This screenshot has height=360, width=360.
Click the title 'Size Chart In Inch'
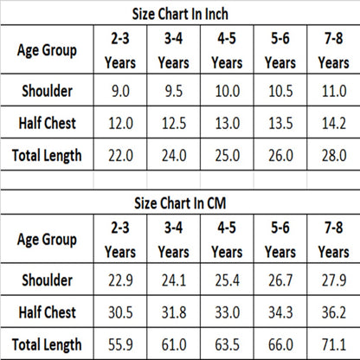[x=180, y=14]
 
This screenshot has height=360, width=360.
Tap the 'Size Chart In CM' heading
[x=180, y=203]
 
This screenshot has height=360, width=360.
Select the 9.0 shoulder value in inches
[x=120, y=91]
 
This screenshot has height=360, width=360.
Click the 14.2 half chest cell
[x=334, y=124]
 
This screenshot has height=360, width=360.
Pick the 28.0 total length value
[x=334, y=156]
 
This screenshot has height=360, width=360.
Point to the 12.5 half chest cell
[x=174, y=124]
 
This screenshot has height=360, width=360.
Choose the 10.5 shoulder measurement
[x=280, y=91]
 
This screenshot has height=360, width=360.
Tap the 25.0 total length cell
[x=227, y=156]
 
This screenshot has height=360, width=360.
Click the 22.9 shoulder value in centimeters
[x=120, y=280]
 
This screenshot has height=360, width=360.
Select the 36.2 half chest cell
[x=334, y=312]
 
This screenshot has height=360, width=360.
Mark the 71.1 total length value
[x=334, y=344]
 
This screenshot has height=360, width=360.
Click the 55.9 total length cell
[x=120, y=344]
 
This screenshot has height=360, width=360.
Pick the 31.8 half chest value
[x=174, y=312]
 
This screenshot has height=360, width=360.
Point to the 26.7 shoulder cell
[x=280, y=280]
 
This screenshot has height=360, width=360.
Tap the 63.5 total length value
[x=227, y=344]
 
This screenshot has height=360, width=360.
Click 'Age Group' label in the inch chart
[x=47, y=50]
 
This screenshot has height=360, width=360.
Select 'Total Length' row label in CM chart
[x=47, y=344]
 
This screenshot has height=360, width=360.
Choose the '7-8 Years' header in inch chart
[x=334, y=50]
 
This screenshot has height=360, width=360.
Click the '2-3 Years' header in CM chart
[x=120, y=240]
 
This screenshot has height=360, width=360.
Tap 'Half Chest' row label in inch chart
[x=47, y=123]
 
